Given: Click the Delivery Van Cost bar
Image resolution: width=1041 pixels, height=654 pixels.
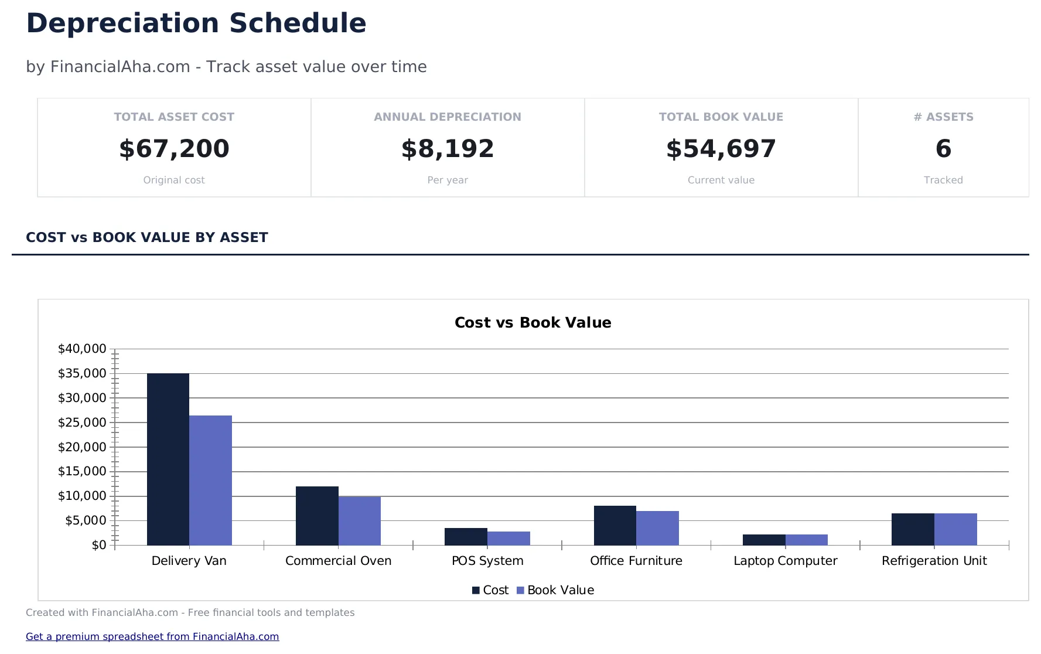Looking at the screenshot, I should pyautogui.click(x=168, y=459).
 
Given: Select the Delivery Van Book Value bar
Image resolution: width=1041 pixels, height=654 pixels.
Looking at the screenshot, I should pyautogui.click(x=210, y=480).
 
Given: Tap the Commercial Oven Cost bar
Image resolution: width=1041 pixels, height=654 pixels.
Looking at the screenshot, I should pyautogui.click(x=317, y=516).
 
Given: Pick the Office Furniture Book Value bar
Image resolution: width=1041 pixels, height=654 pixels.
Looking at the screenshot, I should pyautogui.click(x=657, y=528).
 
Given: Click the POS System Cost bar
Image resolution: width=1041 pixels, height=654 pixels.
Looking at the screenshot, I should pyautogui.click(x=466, y=537).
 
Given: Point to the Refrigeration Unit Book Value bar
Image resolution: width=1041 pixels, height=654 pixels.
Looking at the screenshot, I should pyautogui.click(x=955, y=529).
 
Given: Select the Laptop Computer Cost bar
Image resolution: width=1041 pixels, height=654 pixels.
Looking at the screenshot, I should pyautogui.click(x=764, y=540).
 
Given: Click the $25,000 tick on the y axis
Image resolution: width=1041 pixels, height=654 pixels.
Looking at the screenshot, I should pyautogui.click(x=81, y=423).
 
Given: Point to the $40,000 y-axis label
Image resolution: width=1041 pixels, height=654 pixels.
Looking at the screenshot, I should pyautogui.click(x=81, y=349).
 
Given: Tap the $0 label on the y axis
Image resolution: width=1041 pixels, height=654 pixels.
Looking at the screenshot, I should pyautogui.click(x=98, y=545).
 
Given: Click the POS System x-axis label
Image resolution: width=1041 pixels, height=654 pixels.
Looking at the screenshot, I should pyautogui.click(x=487, y=561).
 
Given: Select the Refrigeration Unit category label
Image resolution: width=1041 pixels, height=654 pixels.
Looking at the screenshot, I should pyautogui.click(x=934, y=561).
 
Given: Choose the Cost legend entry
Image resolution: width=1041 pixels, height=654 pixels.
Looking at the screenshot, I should pyautogui.click(x=490, y=590).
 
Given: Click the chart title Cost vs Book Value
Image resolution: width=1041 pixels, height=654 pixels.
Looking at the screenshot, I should pyautogui.click(x=533, y=322).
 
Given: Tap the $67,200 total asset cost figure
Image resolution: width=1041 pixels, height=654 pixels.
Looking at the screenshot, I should pyautogui.click(x=174, y=149).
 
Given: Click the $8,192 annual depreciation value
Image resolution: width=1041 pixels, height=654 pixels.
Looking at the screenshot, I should pyautogui.click(x=448, y=149).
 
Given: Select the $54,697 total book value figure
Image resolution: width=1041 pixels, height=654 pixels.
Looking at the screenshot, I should pyautogui.click(x=721, y=149).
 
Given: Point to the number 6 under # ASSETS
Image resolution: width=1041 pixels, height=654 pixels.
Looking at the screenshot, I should pyautogui.click(x=943, y=149).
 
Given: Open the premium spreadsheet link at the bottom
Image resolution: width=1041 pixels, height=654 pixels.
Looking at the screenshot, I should pyautogui.click(x=152, y=636).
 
